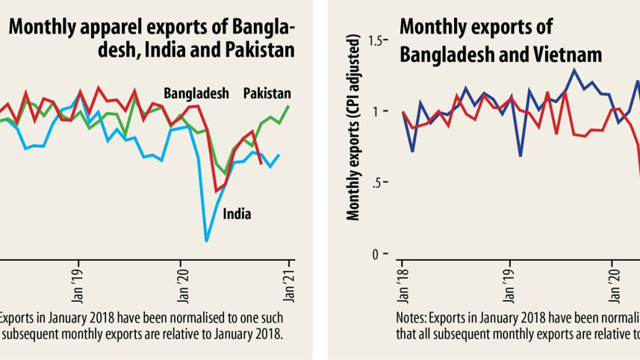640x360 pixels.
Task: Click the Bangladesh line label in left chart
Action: [x=196, y=93]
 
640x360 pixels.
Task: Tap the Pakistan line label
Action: [x=267, y=93]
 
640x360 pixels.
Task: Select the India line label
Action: [x=237, y=214]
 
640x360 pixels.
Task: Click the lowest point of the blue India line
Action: [x=206, y=240]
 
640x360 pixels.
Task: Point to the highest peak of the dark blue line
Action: [x=574, y=69]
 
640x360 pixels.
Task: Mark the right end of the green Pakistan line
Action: [x=289, y=106]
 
